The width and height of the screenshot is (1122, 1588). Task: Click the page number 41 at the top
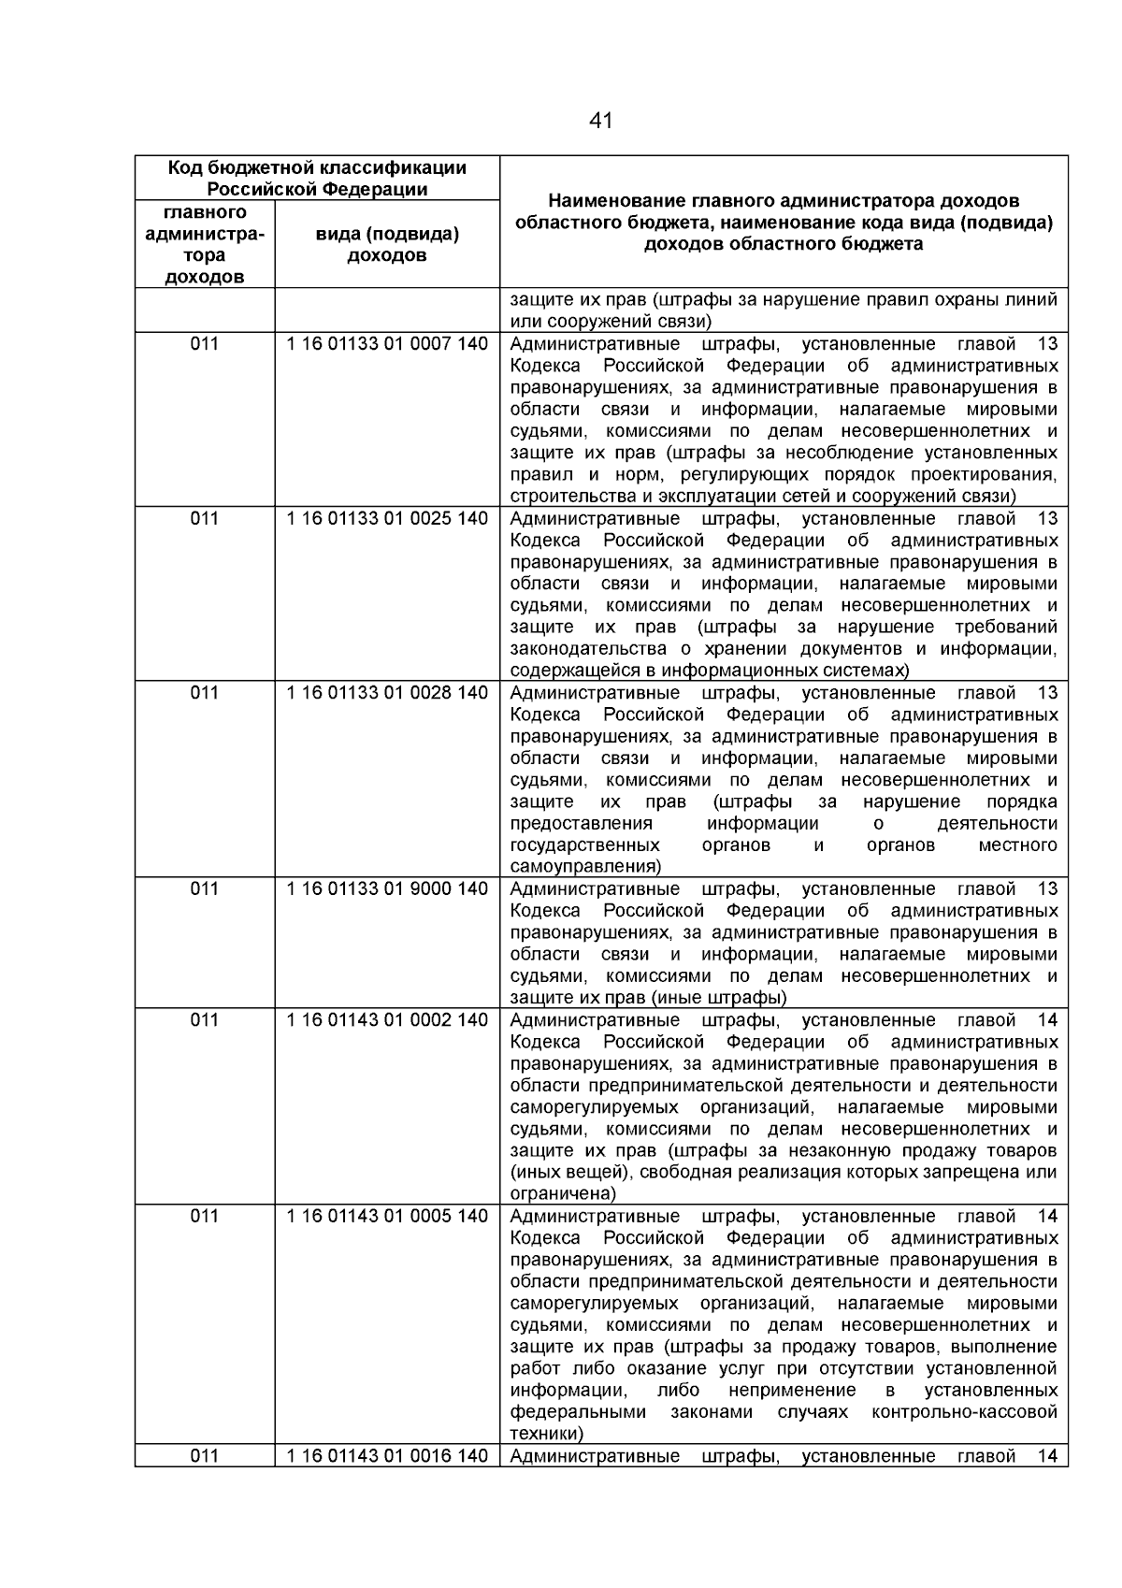(x=601, y=121)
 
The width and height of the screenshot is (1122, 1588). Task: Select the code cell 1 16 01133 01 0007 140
(x=387, y=344)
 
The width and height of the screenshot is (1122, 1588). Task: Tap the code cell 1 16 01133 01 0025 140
(x=387, y=518)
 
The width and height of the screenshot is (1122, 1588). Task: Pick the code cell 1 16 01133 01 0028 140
(x=387, y=693)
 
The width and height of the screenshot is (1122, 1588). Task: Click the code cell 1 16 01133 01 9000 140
(x=387, y=888)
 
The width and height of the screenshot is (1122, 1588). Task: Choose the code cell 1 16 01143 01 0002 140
(x=387, y=1020)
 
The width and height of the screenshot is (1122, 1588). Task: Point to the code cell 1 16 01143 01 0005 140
(x=387, y=1216)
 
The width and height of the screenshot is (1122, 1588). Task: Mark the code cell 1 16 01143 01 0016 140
(x=387, y=1456)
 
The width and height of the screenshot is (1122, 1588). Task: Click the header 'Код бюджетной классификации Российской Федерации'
(x=317, y=179)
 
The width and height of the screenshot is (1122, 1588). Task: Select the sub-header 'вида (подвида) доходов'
(x=387, y=244)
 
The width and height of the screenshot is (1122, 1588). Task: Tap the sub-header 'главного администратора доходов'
(x=205, y=244)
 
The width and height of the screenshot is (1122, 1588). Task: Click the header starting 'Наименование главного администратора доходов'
(x=784, y=223)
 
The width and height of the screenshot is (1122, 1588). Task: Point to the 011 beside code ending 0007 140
(x=205, y=344)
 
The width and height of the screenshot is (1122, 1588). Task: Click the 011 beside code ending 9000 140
(x=205, y=888)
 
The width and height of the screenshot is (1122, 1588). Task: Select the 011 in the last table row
(x=205, y=1456)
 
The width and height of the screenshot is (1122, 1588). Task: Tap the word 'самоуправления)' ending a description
(x=585, y=867)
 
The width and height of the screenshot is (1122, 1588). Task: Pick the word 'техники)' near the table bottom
(x=547, y=1434)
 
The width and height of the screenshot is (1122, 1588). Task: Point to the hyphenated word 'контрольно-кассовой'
(x=964, y=1412)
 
